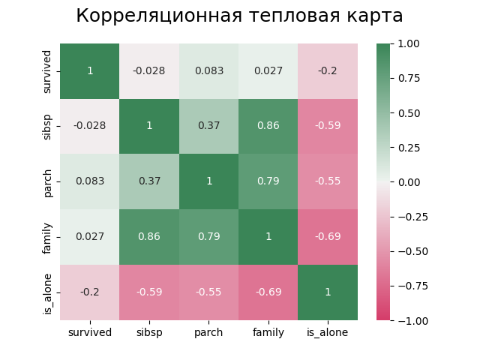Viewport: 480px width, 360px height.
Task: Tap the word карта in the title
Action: (x=372, y=16)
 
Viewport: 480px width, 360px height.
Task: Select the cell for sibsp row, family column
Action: (x=268, y=126)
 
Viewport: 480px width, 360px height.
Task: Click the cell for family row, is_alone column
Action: (x=328, y=236)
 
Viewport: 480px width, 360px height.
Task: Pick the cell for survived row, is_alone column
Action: (x=328, y=70)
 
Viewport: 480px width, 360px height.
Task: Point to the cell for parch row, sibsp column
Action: (x=149, y=181)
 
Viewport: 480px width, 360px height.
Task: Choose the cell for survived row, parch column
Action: (x=208, y=70)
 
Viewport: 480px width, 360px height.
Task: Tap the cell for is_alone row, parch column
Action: (x=208, y=292)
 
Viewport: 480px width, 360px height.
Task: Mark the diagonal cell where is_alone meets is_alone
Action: (x=328, y=292)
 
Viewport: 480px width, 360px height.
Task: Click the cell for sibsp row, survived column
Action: (x=90, y=126)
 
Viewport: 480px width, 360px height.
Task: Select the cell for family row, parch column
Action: (x=208, y=236)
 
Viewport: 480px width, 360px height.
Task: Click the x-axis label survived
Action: (x=90, y=332)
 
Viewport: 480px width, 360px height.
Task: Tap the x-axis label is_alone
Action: (x=328, y=332)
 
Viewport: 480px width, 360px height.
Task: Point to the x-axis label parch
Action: (x=208, y=332)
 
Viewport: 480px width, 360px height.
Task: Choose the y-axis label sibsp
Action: (x=48, y=126)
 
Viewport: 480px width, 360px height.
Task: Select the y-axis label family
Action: (x=48, y=236)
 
